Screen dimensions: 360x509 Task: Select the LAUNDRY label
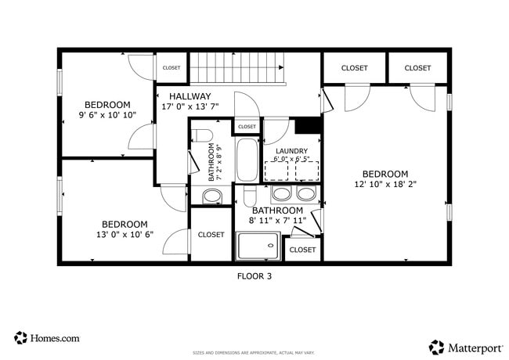[291, 151]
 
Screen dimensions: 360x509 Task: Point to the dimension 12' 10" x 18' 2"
[384, 185]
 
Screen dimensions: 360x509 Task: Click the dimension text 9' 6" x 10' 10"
[107, 115]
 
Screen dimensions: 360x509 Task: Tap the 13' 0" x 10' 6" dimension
[125, 234]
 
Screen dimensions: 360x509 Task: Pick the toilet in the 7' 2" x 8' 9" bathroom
[200, 135]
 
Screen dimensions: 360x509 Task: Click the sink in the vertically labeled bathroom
[211, 196]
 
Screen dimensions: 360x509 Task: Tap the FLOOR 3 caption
[254, 275]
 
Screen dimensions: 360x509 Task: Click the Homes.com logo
[47, 338]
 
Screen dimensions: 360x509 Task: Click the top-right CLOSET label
[417, 68]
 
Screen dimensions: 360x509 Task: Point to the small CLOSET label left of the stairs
[171, 68]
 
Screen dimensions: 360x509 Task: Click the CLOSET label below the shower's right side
[302, 250]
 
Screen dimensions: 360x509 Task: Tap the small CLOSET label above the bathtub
[247, 126]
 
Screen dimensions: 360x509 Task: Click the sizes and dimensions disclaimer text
[254, 353]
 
